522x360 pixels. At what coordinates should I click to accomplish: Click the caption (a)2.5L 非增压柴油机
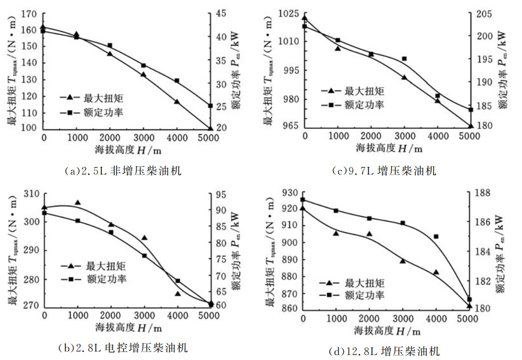point(123,171)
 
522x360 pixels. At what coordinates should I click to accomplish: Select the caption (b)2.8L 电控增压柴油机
point(123,347)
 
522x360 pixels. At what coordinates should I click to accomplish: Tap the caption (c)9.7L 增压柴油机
point(384,171)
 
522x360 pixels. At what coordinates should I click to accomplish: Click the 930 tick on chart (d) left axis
point(291,193)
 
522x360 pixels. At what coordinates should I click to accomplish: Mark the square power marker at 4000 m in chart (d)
point(436,236)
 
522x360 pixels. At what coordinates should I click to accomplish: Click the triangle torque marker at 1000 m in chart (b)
point(77,203)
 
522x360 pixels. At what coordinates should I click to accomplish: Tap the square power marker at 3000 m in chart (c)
point(404,59)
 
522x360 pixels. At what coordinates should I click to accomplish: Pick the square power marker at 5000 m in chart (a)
point(211,106)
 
